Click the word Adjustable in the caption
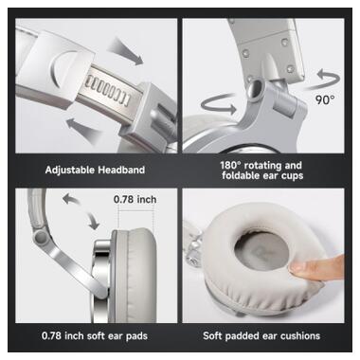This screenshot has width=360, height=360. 70,171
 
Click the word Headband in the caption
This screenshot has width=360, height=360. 121,170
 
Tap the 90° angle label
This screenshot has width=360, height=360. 325,99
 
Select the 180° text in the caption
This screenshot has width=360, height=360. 230,165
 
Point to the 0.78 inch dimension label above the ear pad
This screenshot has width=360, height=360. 135,199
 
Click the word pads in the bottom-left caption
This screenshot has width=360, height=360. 136,336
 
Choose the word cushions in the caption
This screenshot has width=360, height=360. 300,335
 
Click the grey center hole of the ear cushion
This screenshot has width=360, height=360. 261,251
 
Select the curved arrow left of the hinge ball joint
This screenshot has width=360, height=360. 219,104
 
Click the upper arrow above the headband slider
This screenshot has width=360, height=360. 125,51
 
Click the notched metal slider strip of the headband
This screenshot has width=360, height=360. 108,92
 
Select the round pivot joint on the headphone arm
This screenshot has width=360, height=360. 41,237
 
